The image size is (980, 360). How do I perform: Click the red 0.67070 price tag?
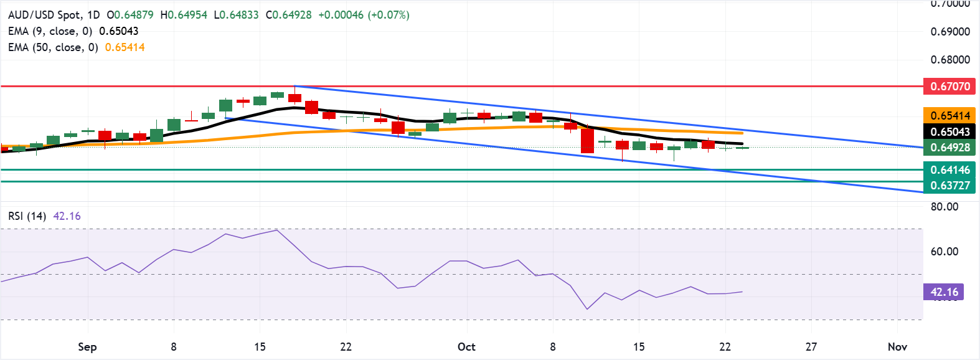coord(949,87)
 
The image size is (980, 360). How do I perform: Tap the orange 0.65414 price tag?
coord(949,116)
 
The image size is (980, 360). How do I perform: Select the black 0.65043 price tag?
coord(949,131)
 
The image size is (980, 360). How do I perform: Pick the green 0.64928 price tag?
coord(949,148)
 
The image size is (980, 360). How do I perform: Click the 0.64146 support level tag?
coord(949,170)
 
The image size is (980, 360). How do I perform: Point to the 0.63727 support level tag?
coord(949,186)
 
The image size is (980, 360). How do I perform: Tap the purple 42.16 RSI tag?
coord(944,292)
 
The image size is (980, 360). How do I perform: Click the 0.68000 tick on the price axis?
coord(949,60)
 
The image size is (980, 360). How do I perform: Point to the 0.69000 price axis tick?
coord(949,32)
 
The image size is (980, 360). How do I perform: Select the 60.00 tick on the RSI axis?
coord(944,252)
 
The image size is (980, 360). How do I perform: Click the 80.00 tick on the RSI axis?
coord(944,207)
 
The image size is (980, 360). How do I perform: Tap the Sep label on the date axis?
coord(87,347)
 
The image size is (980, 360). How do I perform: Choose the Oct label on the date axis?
coord(466,347)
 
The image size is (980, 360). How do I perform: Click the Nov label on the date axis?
coord(897,347)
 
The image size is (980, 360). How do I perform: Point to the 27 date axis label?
coord(811,347)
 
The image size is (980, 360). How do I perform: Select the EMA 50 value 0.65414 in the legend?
coord(125,47)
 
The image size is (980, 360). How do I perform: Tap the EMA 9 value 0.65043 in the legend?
coord(119,31)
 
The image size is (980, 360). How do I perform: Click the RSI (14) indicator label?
coord(27,216)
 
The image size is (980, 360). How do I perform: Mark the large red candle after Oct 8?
coord(587,140)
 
